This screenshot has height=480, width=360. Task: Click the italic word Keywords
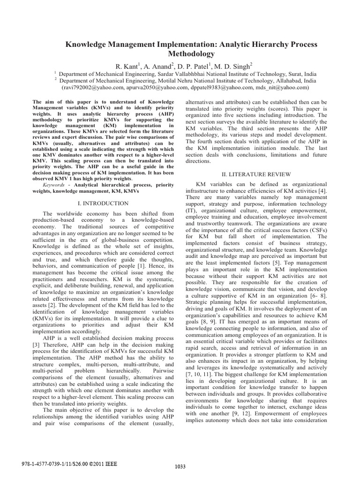[55, 185]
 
